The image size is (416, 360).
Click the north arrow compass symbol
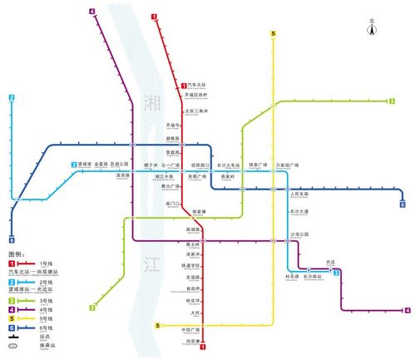tap(372, 28)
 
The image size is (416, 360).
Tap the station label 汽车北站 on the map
tap(196, 85)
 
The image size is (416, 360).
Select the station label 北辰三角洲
tap(196, 110)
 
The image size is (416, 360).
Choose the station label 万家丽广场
tap(288, 165)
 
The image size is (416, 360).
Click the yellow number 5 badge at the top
tap(273, 34)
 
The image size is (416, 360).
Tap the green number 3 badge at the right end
tap(392, 101)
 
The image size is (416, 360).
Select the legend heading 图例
tap(16, 254)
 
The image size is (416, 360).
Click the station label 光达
tap(330, 263)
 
